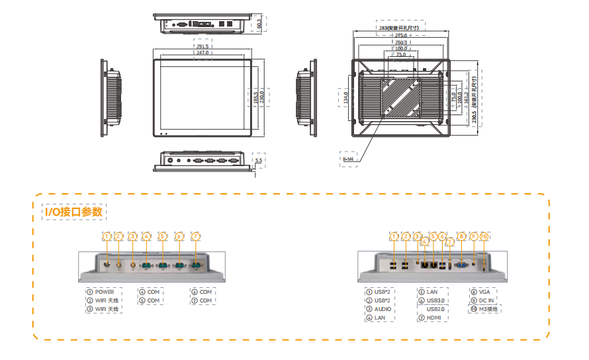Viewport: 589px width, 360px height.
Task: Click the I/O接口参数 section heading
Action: point(73,212)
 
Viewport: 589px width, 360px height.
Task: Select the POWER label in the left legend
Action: point(104,292)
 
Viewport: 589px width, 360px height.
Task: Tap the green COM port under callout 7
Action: point(195,265)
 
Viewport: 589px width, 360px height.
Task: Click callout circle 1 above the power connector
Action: point(107,236)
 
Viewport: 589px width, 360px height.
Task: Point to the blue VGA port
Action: point(461,264)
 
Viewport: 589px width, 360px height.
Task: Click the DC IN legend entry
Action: point(485,300)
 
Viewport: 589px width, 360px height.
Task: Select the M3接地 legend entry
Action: point(488,309)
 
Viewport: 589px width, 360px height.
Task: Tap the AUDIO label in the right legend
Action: point(383,309)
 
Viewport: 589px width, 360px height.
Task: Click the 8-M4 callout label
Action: point(349,159)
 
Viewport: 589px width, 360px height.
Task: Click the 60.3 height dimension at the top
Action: point(259,22)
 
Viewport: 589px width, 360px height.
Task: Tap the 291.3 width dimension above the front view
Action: point(202,47)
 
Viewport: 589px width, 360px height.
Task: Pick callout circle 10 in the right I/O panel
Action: point(484,236)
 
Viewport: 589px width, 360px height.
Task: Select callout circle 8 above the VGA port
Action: point(461,236)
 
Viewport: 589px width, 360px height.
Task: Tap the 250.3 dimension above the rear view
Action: point(401,42)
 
